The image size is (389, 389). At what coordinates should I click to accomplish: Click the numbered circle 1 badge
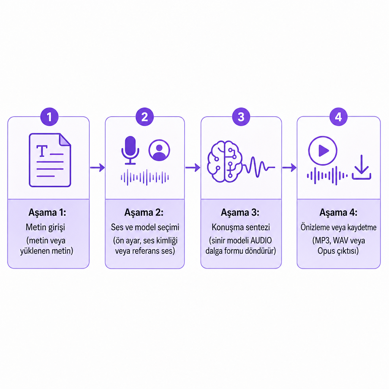coord(49,117)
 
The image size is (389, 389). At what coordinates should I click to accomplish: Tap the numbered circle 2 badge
coord(145,117)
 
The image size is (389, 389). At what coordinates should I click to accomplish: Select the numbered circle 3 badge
coord(241,117)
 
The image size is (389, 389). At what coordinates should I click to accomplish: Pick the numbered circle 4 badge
coord(338,117)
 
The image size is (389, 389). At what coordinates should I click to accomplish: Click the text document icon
coord(50,160)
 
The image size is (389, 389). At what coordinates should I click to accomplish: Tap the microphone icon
coord(130,150)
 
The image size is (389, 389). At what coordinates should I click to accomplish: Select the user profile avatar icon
coord(159,150)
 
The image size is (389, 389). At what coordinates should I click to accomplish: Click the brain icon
coord(225,162)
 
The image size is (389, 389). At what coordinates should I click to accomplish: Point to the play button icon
coord(323,150)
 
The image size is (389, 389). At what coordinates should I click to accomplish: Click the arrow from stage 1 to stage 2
coord(97,168)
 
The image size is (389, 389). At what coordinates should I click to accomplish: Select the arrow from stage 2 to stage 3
coord(193,168)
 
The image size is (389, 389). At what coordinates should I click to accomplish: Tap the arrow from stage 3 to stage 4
coord(289,168)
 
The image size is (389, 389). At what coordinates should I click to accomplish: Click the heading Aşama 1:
coord(47,213)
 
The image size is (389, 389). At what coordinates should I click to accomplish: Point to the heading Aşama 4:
coord(338,213)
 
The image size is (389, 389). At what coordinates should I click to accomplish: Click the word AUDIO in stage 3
coord(261,240)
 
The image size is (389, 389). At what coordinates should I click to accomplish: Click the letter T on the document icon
coord(42,151)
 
